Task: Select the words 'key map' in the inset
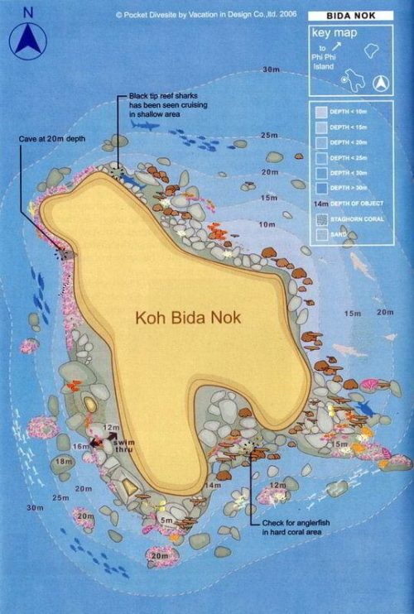pyautogui.click(x=330, y=34)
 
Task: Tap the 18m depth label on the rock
pyautogui.click(x=64, y=461)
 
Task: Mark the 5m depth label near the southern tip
pyautogui.click(x=166, y=520)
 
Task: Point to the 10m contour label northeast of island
pyautogui.click(x=267, y=225)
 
